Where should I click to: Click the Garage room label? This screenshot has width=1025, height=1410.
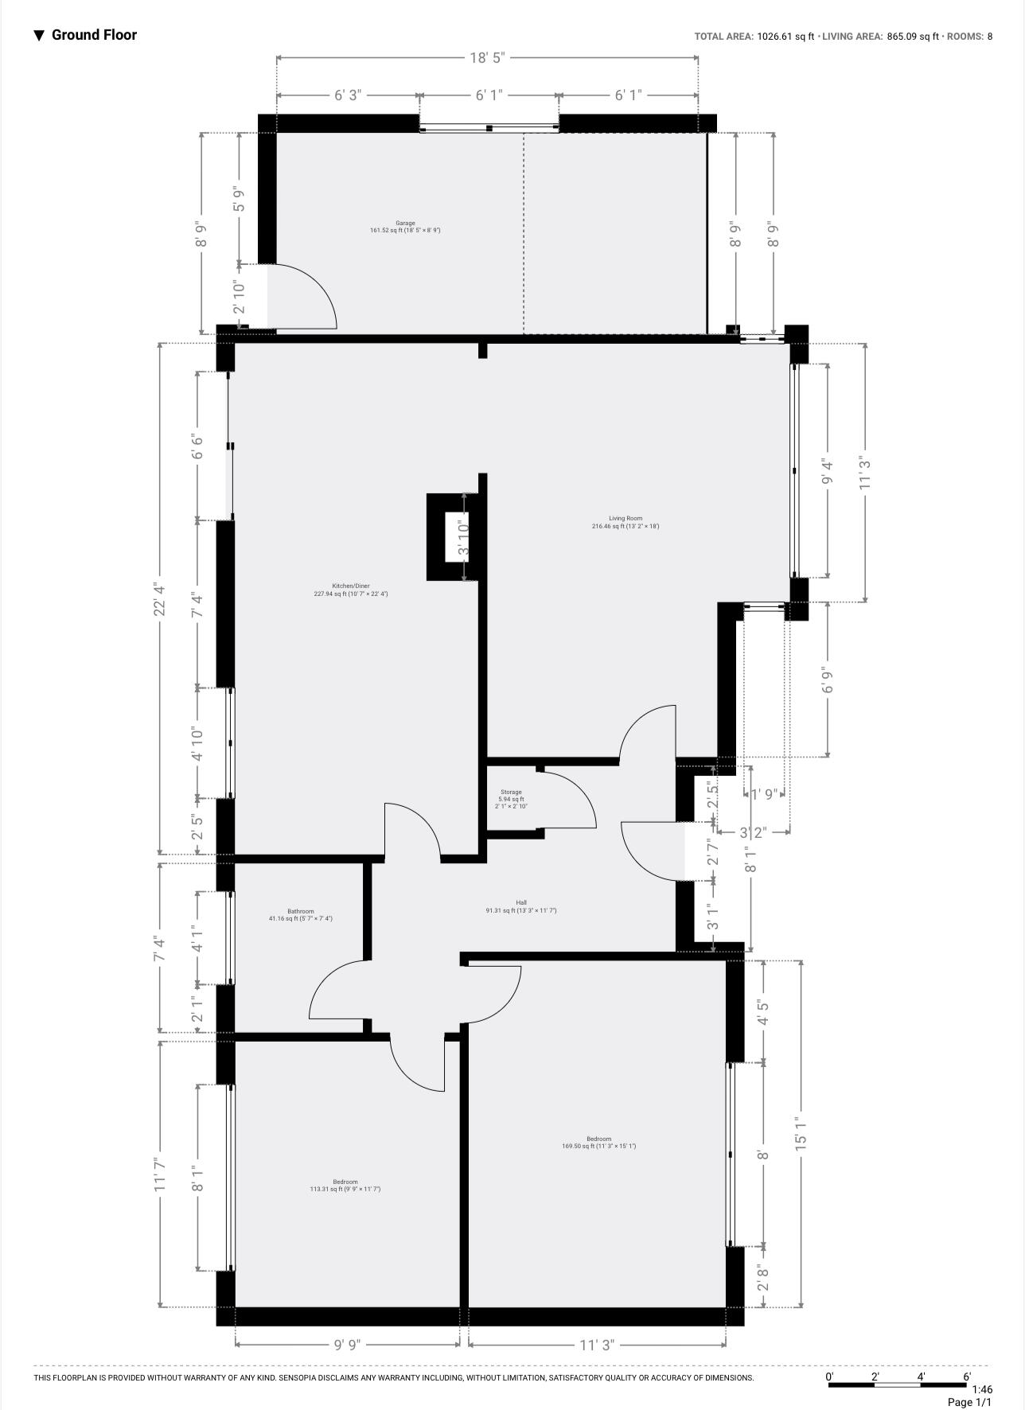click(405, 227)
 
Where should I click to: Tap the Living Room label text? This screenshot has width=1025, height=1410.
click(626, 522)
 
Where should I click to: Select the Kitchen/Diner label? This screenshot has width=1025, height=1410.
click(351, 590)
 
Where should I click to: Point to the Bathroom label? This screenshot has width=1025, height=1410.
click(301, 915)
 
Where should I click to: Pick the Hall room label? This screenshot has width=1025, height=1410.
click(521, 906)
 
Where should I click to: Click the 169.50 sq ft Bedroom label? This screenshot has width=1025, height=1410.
click(599, 1143)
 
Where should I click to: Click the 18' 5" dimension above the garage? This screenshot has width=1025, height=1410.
click(487, 57)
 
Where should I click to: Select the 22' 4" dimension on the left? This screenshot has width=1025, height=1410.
click(160, 599)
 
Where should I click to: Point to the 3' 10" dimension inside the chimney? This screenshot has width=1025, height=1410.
click(464, 537)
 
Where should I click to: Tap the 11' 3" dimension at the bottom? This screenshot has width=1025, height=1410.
click(597, 1345)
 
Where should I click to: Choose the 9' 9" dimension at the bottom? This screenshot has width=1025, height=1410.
click(347, 1345)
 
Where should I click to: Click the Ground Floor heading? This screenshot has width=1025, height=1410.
click(94, 35)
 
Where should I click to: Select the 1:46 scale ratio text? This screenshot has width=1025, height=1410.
click(981, 1389)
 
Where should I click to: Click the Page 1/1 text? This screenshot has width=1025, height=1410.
click(969, 1402)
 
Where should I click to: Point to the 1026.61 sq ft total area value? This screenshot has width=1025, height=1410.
click(785, 37)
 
